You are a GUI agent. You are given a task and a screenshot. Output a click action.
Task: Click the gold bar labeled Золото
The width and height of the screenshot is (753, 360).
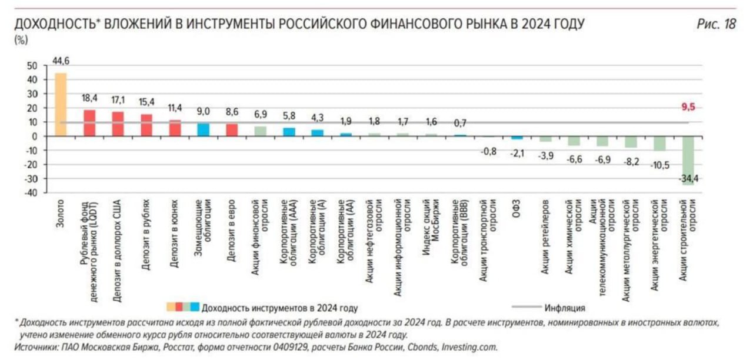pyautogui.click(x=61, y=104)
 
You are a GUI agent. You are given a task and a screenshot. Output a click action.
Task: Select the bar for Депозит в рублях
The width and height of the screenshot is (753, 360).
pyautogui.click(x=146, y=125)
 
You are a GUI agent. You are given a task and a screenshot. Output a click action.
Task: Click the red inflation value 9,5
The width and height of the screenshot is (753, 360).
pyautogui.click(x=687, y=108)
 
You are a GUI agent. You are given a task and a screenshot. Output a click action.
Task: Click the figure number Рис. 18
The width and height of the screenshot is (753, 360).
pyautogui.click(x=716, y=25)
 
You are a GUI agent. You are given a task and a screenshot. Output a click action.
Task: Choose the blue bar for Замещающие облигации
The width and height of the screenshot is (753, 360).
pyautogui.click(x=203, y=129)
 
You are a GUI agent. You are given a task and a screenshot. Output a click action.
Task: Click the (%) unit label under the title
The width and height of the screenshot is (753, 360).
pyautogui.click(x=21, y=41)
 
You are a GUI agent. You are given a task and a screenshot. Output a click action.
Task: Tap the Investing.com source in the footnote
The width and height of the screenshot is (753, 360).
pyautogui.click(x=470, y=347)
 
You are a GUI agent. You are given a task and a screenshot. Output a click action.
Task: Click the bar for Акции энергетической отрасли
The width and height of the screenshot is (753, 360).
pyautogui.click(x=659, y=143)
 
